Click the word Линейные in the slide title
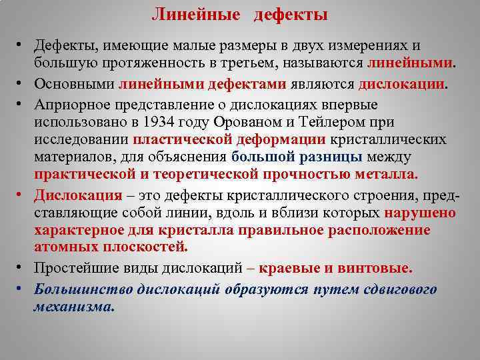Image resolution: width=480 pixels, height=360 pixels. pyautogui.click(x=189, y=15)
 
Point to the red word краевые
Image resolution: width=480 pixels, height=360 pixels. pyautogui.click(x=289, y=267)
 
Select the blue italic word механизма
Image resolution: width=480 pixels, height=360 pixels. pyautogui.click(x=74, y=307)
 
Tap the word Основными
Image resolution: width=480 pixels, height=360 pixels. pyautogui.click(x=74, y=84)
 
